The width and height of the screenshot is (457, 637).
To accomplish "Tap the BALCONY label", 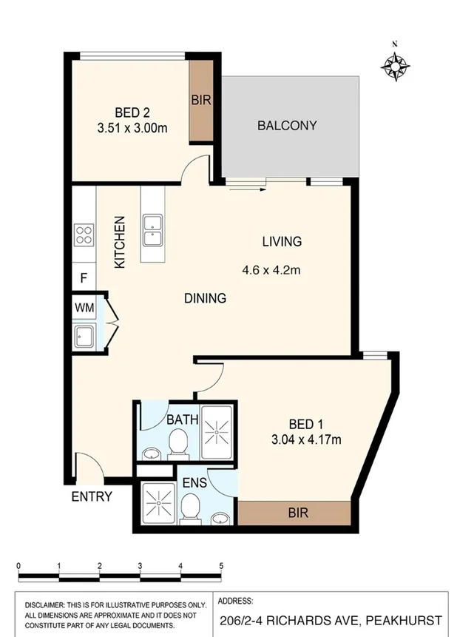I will [287, 126].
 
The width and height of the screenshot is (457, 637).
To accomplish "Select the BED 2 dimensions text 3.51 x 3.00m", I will [132, 128].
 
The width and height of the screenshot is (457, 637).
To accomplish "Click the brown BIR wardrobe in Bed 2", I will [201, 101].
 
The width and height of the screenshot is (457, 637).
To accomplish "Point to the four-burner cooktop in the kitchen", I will [84, 236].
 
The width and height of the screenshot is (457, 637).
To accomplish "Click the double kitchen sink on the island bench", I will [153, 231].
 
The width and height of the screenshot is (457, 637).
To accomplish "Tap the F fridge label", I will [84, 279].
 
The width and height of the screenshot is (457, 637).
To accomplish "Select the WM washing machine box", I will [84, 307].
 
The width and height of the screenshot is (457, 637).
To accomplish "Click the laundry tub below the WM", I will [84, 337].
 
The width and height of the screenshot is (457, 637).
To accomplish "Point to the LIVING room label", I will [282, 241].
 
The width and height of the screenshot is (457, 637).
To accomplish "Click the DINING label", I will [205, 299].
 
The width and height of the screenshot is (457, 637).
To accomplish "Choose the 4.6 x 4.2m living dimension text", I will [271, 270].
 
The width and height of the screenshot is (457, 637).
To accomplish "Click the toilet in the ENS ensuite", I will [191, 510].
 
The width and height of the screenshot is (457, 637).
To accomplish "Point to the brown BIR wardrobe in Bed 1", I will [294, 513].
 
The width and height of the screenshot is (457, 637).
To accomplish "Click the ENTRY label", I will [91, 497].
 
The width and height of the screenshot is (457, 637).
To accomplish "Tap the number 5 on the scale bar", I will [221, 566].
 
